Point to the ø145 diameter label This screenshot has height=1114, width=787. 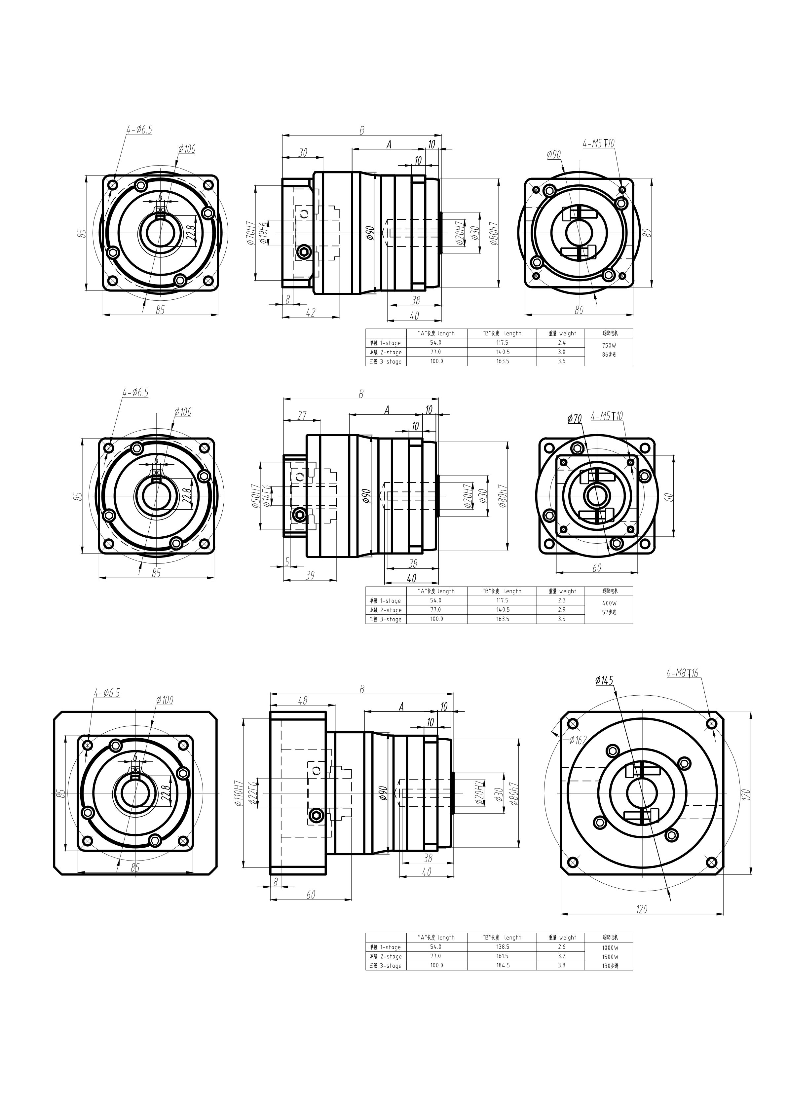[604, 681]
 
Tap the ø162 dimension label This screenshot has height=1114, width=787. [578, 740]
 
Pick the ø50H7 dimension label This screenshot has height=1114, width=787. [255, 496]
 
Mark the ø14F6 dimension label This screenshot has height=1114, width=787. [266, 496]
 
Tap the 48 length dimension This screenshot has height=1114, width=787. [302, 701]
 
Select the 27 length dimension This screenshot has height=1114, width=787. [302, 416]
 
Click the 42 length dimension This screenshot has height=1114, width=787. [311, 313]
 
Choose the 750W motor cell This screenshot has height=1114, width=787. [609, 346]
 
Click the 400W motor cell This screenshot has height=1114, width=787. [609, 603]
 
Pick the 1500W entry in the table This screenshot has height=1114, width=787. [610, 957]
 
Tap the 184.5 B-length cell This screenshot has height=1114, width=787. [502, 966]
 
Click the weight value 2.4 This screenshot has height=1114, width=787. [561, 343]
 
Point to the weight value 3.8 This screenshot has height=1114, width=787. [561, 966]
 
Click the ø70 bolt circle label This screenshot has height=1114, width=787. [575, 419]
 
